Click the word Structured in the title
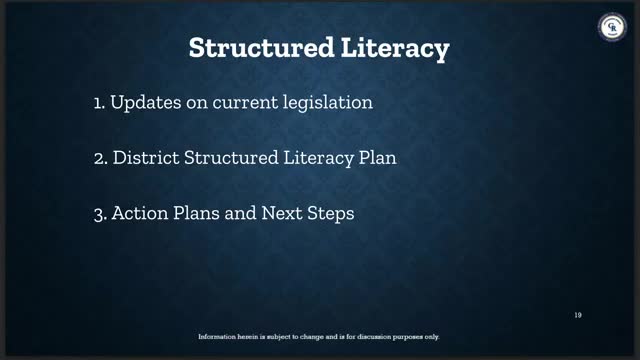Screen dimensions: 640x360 262,47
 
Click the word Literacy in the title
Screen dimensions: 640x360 395,49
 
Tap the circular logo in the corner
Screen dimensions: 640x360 612,27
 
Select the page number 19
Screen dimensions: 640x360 578,315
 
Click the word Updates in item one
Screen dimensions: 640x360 146,102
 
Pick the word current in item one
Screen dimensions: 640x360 245,102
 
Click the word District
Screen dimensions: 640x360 146,158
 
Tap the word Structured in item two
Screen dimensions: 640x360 231,158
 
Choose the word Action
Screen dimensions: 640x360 140,213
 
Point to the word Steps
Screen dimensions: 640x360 331,214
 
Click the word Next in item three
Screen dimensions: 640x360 282,213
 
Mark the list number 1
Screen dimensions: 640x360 99,103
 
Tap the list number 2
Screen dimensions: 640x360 100,158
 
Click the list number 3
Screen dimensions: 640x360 100,214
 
